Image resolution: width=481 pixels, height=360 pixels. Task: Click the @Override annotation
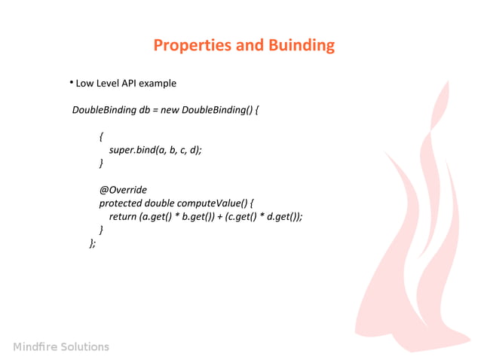pos(122,190)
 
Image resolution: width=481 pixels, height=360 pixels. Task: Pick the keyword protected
pos(120,203)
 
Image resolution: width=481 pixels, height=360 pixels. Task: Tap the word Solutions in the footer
pos(84,347)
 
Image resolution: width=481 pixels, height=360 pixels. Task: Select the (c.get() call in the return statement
pos(241,217)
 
